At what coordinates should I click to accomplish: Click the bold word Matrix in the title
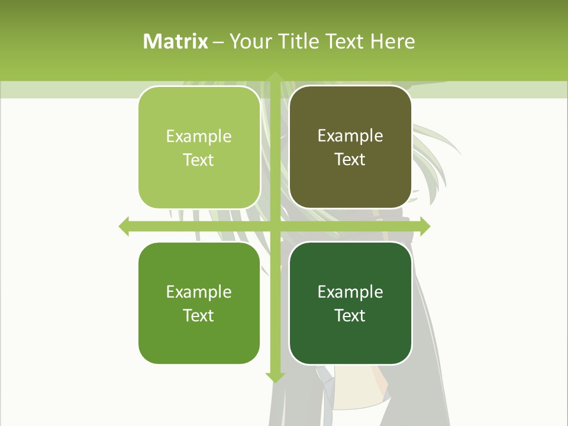click(x=176, y=41)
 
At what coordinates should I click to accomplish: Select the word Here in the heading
click(x=392, y=41)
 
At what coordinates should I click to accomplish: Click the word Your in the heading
click(x=248, y=41)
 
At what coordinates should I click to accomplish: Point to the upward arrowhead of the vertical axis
click(x=275, y=77)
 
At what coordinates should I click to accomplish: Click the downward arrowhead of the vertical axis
click(x=275, y=376)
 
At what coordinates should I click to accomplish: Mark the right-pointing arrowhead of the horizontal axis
click(x=425, y=226)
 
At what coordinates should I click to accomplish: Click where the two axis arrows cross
click(x=275, y=226)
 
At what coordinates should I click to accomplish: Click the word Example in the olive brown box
click(x=350, y=136)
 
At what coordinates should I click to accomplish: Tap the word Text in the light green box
click(x=198, y=160)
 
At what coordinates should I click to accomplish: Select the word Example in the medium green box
click(x=199, y=292)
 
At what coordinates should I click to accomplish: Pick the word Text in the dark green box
click(x=350, y=315)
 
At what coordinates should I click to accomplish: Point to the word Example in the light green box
click(x=199, y=137)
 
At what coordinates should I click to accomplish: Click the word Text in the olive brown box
click(x=350, y=159)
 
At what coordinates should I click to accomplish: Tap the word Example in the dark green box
click(x=350, y=292)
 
